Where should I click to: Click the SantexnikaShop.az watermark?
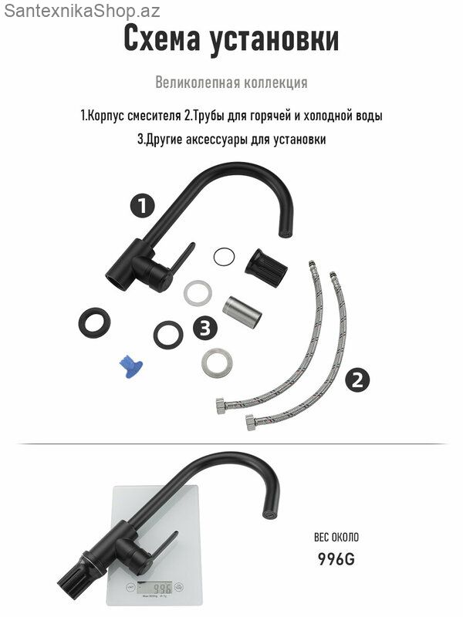click(x=82, y=11)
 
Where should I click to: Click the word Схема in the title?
click(x=162, y=39)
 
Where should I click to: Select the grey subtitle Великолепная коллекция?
click(x=231, y=83)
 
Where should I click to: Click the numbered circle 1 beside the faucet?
click(x=143, y=206)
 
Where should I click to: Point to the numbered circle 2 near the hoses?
click(x=357, y=380)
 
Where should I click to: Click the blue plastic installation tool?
click(x=131, y=366)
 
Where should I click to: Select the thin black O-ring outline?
click(x=224, y=258)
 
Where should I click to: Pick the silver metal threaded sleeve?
click(x=242, y=312)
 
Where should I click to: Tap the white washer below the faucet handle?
click(x=198, y=293)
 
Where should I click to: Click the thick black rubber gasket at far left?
click(x=94, y=322)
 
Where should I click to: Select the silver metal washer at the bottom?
click(x=217, y=362)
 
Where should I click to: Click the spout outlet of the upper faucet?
click(x=285, y=234)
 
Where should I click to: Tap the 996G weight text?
click(x=336, y=558)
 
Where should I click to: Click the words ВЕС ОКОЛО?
click(x=336, y=537)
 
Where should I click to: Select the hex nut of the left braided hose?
click(x=222, y=406)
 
